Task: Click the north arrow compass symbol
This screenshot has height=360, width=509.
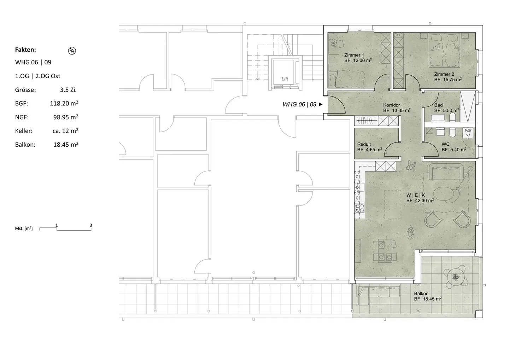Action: [x=72, y=51]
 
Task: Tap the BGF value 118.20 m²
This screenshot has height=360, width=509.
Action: [x=64, y=104]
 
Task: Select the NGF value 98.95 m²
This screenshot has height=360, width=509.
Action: [x=66, y=117]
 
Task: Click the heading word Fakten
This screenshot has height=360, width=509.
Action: [x=25, y=50]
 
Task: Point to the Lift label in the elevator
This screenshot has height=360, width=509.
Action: [x=285, y=79]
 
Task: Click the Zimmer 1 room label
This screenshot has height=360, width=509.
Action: [x=354, y=55]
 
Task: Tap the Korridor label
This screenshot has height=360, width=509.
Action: [x=391, y=105]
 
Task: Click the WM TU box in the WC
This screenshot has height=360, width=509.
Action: [x=468, y=133]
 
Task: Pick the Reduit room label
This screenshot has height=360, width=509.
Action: [x=364, y=144]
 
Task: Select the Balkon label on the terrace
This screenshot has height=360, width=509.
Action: [x=421, y=294]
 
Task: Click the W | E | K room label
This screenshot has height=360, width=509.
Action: [x=416, y=195]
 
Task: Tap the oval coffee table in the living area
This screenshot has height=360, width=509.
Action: [x=444, y=193]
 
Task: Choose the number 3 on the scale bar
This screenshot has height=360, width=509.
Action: [x=91, y=225]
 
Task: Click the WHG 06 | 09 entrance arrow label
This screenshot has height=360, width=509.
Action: [x=302, y=104]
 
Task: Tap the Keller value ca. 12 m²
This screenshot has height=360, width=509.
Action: [x=65, y=131]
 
